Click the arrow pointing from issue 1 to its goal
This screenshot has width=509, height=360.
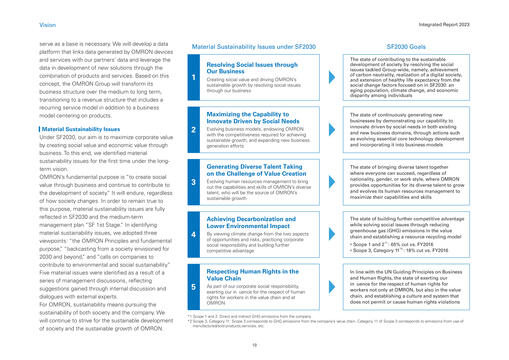pyautogui.click(x=335, y=76)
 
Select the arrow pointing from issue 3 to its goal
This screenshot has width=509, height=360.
pyautogui.click(x=335, y=182)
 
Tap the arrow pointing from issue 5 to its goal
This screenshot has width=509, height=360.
pyautogui.click(x=335, y=287)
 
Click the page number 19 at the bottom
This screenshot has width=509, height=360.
pyautogui.click(x=254, y=341)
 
